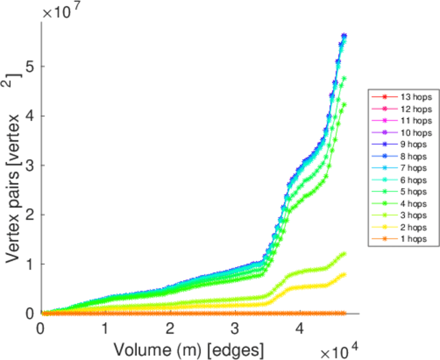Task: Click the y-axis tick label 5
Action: tap(29, 66)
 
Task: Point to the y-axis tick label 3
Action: tap(29, 165)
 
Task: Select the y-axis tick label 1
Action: tap(29, 264)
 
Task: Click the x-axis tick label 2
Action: tap(170, 329)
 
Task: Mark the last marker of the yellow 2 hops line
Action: tap(344, 275)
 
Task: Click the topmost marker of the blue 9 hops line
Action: tap(344, 36)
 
